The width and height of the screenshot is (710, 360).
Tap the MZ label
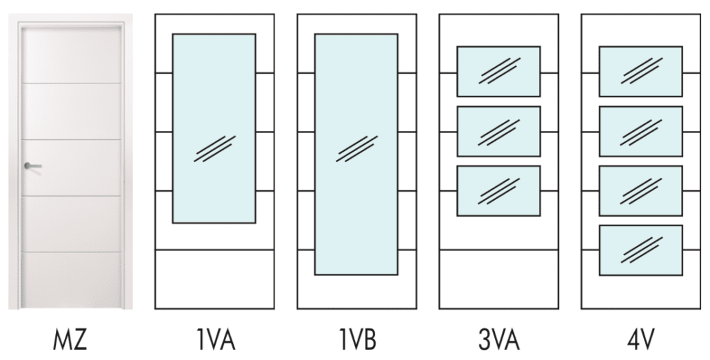click(x=71, y=340)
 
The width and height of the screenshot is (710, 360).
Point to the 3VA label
click(x=498, y=340)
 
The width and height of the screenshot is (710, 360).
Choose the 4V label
click(x=640, y=340)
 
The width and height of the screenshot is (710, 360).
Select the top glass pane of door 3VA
click(x=498, y=71)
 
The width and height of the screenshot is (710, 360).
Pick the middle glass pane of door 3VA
click(x=498, y=131)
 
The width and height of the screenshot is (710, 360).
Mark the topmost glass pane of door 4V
click(x=640, y=71)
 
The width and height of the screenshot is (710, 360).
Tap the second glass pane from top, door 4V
click(x=640, y=131)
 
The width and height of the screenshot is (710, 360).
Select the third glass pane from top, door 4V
click(x=640, y=190)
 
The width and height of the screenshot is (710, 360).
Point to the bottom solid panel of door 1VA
click(x=214, y=279)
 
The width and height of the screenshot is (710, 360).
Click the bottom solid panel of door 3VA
click(x=498, y=279)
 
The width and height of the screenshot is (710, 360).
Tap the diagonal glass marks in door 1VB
click(x=356, y=148)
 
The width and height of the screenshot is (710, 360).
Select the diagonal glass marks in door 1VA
click(x=214, y=148)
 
